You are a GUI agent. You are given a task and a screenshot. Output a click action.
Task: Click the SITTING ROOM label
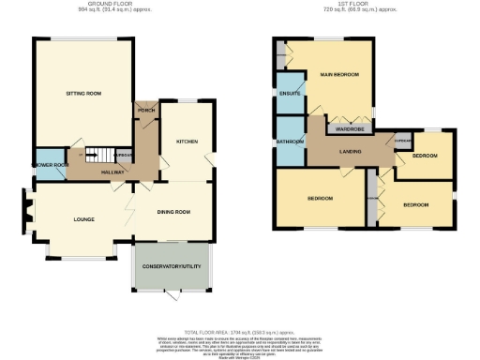tap(82, 95)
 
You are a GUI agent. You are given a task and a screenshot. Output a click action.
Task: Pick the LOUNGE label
tap(85, 219)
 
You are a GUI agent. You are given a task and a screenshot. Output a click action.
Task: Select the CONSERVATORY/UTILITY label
tap(172, 268)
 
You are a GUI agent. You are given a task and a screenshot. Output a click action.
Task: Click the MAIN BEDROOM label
tap(339, 73)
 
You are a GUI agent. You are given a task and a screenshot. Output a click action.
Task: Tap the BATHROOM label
tap(290, 142)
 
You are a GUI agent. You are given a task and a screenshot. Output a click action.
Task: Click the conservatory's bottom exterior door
tap(172, 293)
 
